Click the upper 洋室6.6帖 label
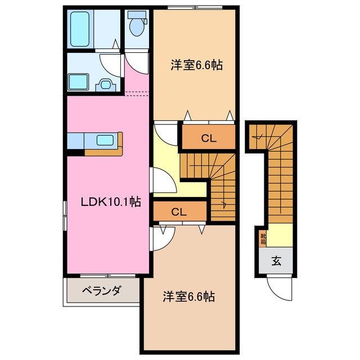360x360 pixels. (x=197, y=65)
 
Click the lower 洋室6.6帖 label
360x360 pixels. (x=189, y=295)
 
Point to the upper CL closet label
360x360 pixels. (x=208, y=138)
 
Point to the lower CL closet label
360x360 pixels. (x=179, y=212)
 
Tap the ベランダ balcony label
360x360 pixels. (x=101, y=291)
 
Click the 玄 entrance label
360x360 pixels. (x=277, y=261)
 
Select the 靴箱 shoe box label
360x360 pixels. (x=263, y=238)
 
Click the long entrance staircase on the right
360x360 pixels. (x=278, y=180)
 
